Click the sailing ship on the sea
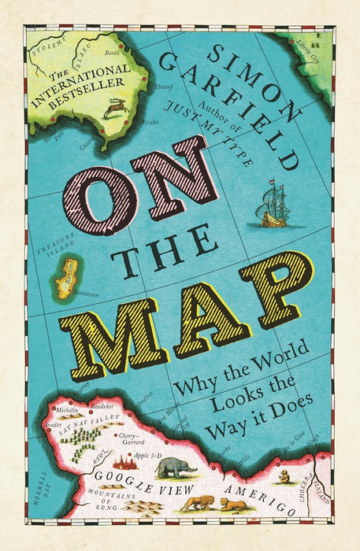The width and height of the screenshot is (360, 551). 271,206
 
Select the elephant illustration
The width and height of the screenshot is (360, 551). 176,467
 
